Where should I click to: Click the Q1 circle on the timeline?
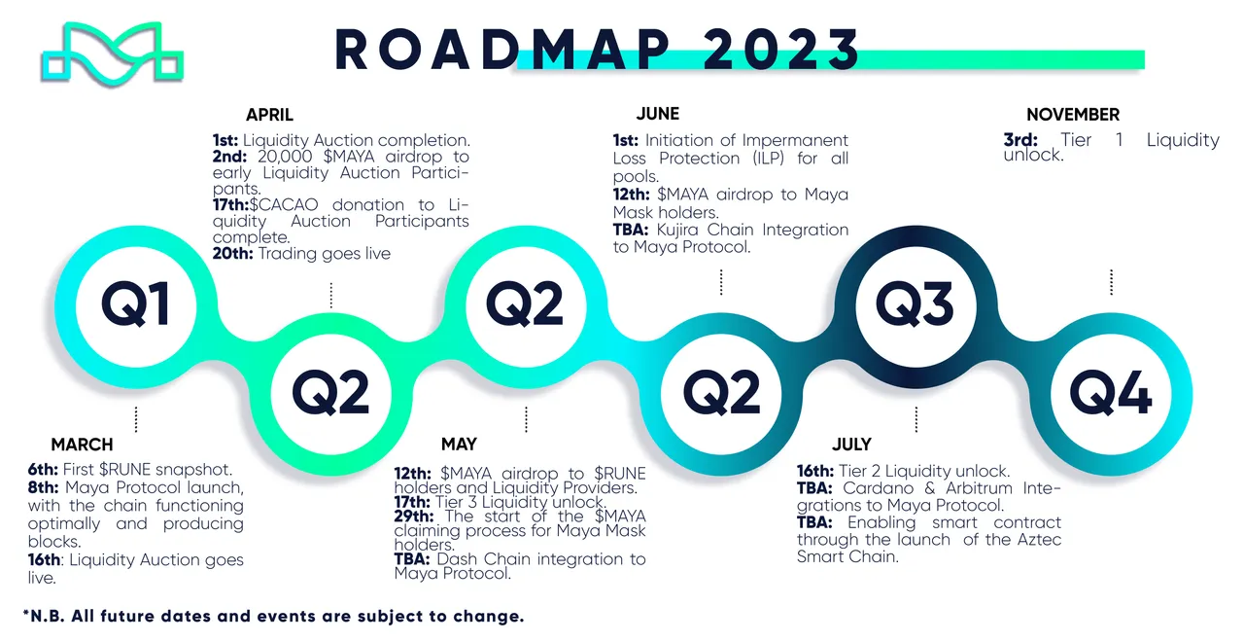pos(136,306)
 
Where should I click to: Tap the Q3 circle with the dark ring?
pos(916,306)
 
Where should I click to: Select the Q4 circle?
pos(1111,394)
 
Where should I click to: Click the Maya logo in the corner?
pos(112,53)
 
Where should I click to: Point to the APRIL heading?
pos(269,115)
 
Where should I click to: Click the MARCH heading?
pos(83,445)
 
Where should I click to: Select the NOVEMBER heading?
pos(1073,115)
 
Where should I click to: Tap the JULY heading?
pos(851,445)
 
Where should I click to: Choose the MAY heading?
pos(459,445)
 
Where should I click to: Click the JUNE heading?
pos(658,114)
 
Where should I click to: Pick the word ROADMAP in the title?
pos(502,49)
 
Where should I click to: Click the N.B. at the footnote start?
pos(48,617)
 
